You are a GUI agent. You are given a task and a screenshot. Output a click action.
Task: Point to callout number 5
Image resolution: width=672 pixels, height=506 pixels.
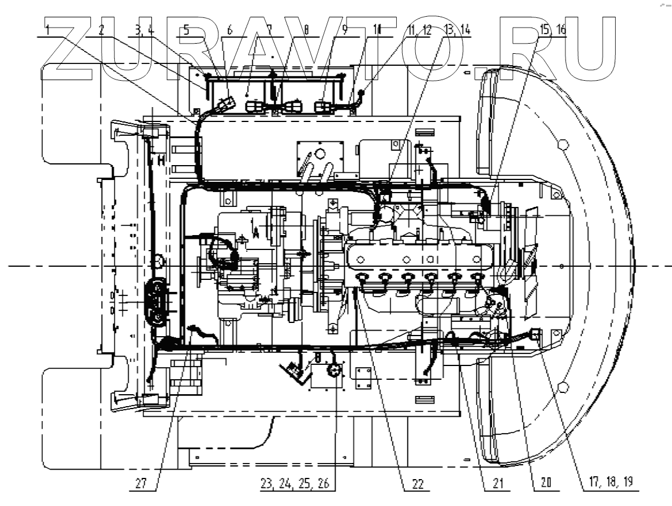187,31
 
